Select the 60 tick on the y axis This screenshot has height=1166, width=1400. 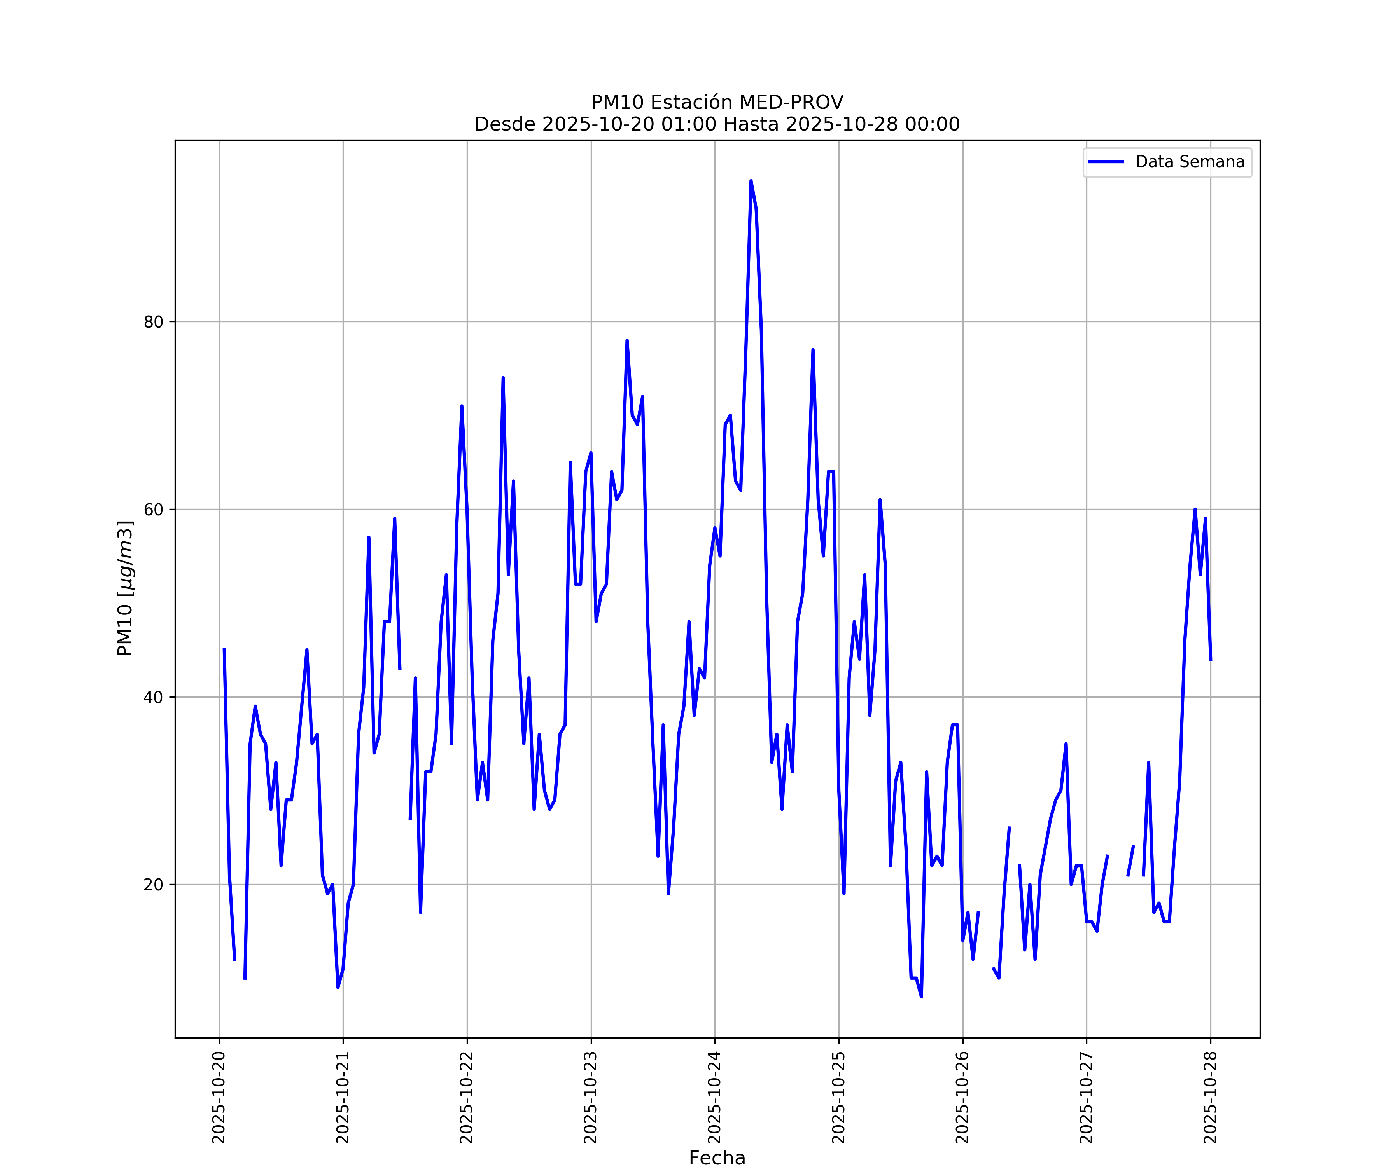[153, 510]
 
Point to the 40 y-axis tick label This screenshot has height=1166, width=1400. [153, 698]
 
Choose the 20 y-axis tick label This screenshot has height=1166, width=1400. [153, 885]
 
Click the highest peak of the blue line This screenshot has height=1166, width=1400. [751, 181]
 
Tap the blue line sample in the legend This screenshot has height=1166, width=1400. [1106, 162]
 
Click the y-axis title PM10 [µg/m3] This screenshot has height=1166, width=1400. [125, 588]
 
